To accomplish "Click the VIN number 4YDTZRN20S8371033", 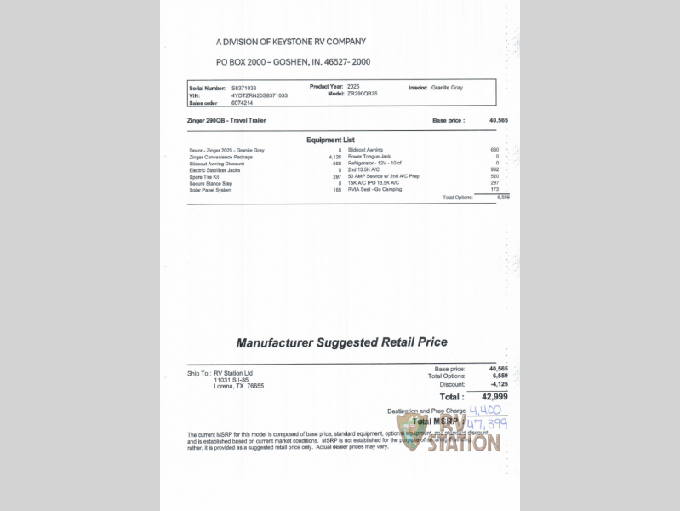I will point(260,95).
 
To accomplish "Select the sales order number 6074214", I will point(243,102).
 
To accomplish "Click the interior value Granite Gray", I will point(448,88).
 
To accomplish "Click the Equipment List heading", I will point(330,140).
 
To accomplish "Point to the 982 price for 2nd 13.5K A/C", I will point(494,170).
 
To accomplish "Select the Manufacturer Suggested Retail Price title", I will point(341,343).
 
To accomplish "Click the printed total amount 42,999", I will point(494,397).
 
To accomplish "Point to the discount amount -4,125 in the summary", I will point(497,383).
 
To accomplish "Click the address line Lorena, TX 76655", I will point(238,386).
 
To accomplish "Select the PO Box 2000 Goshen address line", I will point(293,62).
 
